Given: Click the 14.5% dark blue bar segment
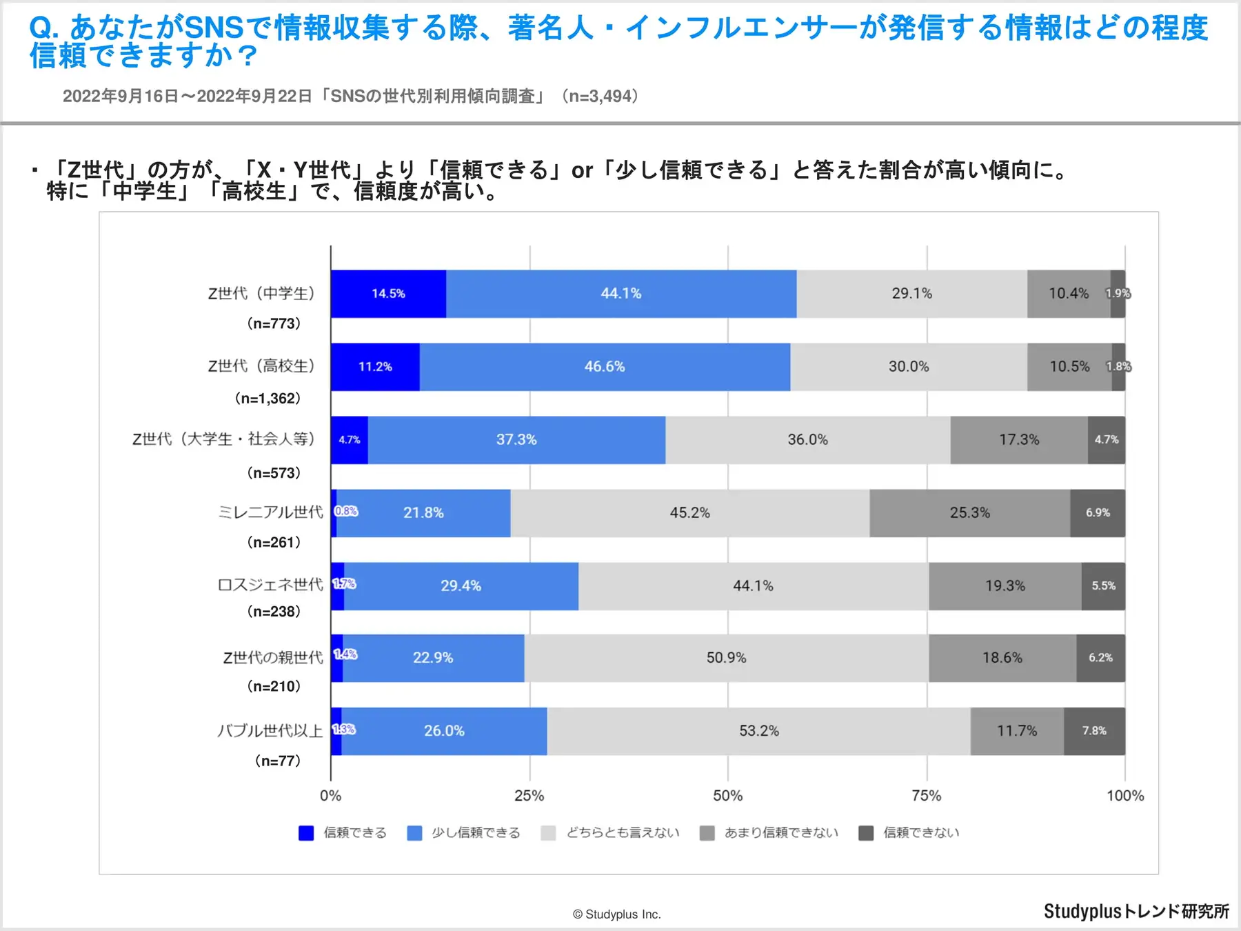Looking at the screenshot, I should (x=388, y=294).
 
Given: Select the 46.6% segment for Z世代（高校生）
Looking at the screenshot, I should (x=605, y=367).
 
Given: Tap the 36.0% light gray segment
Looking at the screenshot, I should (x=807, y=440).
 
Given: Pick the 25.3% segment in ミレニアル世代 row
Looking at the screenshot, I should (x=969, y=513).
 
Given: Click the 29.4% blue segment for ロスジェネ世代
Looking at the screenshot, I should (x=461, y=586).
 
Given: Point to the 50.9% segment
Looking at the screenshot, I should (x=726, y=658).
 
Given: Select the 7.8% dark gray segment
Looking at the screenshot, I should (x=1094, y=731).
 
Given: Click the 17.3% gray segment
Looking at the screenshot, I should (x=1019, y=440).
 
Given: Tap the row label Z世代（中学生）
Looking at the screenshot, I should (x=261, y=294).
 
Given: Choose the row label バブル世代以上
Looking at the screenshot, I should (x=270, y=731).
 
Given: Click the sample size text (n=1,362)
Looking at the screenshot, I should (x=268, y=399).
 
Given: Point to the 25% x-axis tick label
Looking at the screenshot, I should (x=529, y=796).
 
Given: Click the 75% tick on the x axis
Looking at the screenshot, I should (x=926, y=796).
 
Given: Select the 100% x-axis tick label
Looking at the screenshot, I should (x=1125, y=796).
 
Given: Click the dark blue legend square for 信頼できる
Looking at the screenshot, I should (x=306, y=833).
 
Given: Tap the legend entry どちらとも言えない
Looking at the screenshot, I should (x=623, y=833).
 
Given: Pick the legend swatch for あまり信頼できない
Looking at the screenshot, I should (x=707, y=833).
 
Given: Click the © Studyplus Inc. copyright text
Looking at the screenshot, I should (x=616, y=914).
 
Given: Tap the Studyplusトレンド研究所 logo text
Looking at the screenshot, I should (x=1136, y=912).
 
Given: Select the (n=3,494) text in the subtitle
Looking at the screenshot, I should (x=599, y=97).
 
